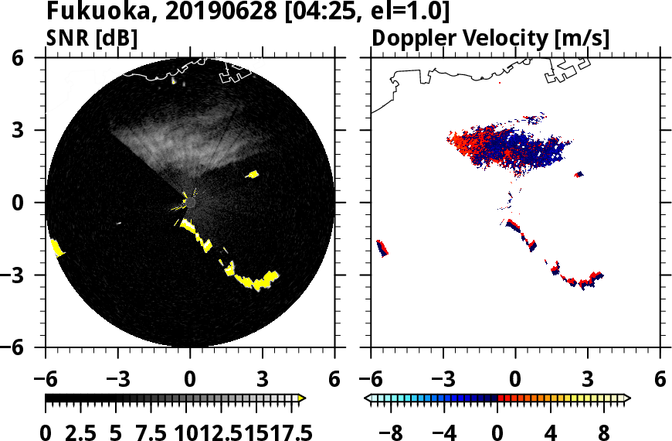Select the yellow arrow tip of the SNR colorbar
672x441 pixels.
point(302,398)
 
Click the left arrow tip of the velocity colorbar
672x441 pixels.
point(368,398)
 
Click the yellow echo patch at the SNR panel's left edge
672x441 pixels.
point(56,248)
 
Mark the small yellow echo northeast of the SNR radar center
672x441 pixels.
point(252,174)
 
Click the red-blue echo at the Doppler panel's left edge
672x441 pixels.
point(382,248)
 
